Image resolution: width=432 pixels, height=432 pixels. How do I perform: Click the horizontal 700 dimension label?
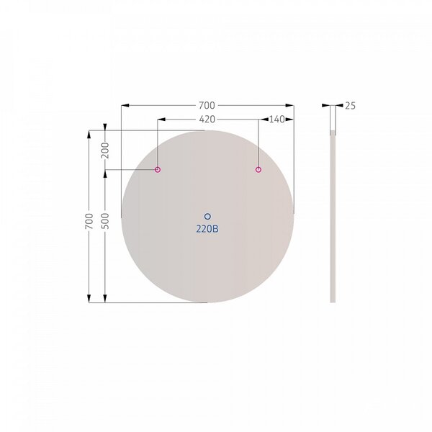click(207, 105)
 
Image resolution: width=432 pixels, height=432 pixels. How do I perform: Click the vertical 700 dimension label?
click(89, 221)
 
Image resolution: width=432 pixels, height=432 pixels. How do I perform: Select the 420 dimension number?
click(207, 120)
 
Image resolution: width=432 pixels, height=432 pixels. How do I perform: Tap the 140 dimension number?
click(277, 120)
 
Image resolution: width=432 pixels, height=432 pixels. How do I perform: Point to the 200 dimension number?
click(105, 150)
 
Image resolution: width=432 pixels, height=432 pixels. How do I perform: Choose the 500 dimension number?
click(105, 221)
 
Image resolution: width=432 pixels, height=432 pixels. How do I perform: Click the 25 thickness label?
click(350, 106)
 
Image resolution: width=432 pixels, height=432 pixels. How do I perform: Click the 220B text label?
click(207, 229)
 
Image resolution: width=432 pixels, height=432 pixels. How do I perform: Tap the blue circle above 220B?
click(207, 217)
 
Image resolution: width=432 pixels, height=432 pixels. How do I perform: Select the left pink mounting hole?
click(157, 169)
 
